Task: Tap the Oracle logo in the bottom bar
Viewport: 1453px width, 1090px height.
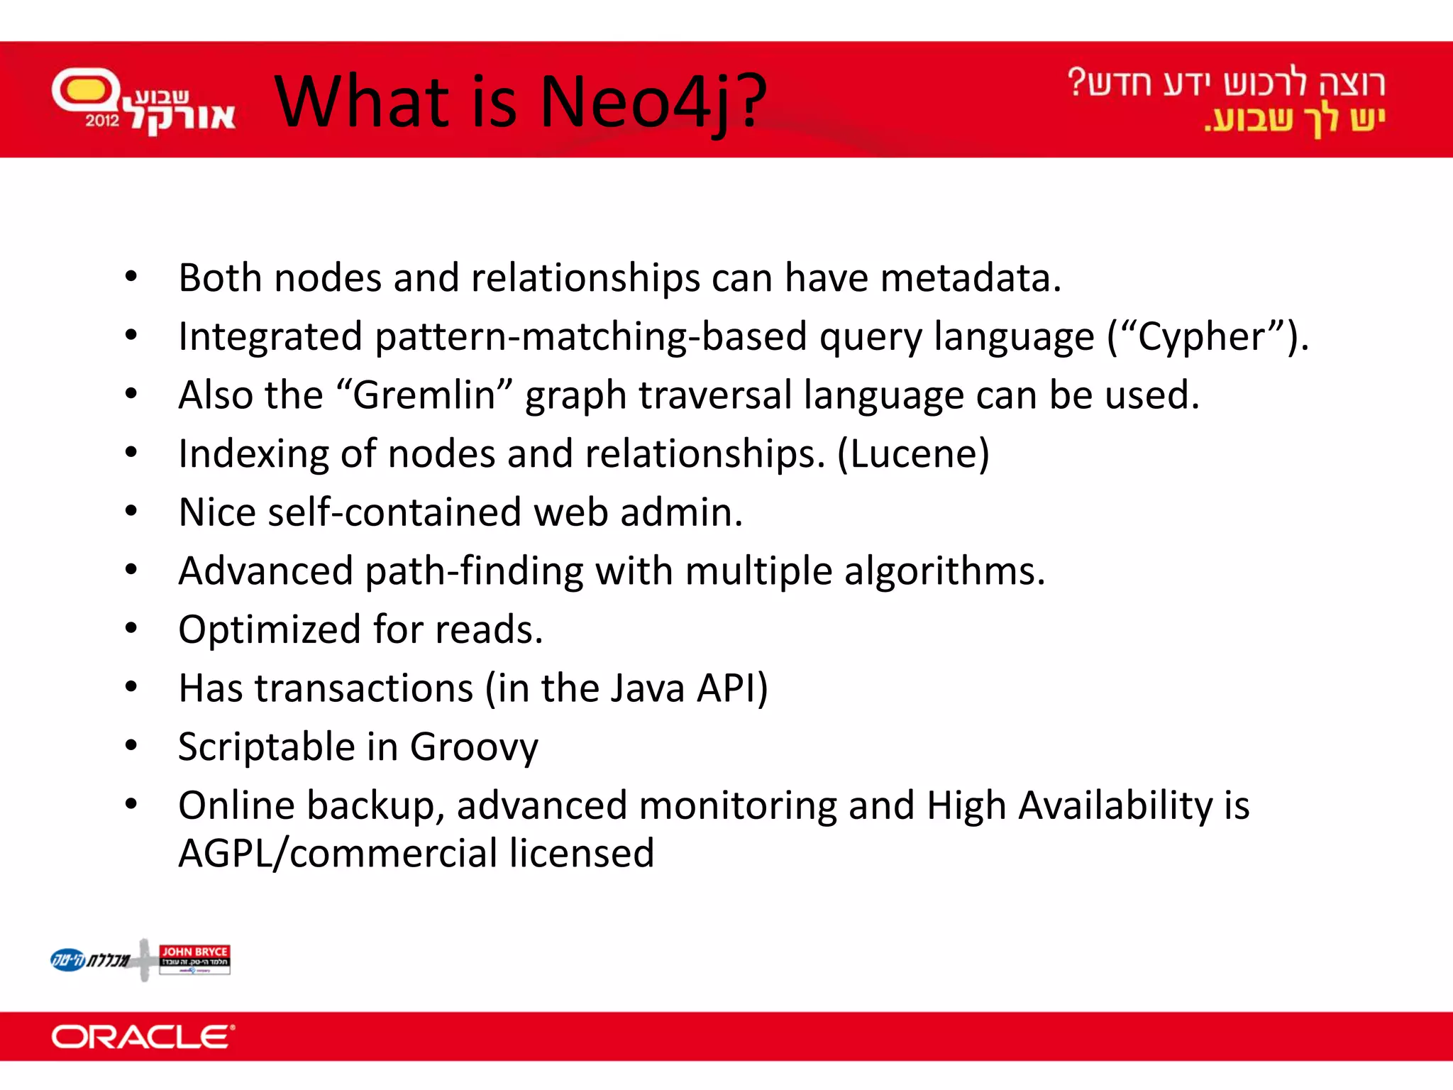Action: [143, 1037]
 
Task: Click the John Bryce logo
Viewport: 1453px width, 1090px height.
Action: [194, 959]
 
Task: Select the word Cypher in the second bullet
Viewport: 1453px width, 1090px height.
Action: [1200, 336]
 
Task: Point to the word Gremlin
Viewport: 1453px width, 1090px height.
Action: [424, 395]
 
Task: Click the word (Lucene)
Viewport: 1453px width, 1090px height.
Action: [913, 454]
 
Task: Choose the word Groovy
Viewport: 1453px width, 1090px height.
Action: [474, 747]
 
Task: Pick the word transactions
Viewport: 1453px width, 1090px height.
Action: [364, 688]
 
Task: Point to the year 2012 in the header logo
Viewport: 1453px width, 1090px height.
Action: [102, 120]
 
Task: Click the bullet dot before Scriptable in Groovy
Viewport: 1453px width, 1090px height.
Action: [131, 746]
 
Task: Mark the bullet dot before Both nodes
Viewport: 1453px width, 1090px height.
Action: [131, 277]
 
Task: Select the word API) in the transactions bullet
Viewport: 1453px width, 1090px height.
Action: [731, 688]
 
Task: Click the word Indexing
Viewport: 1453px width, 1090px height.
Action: [253, 454]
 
